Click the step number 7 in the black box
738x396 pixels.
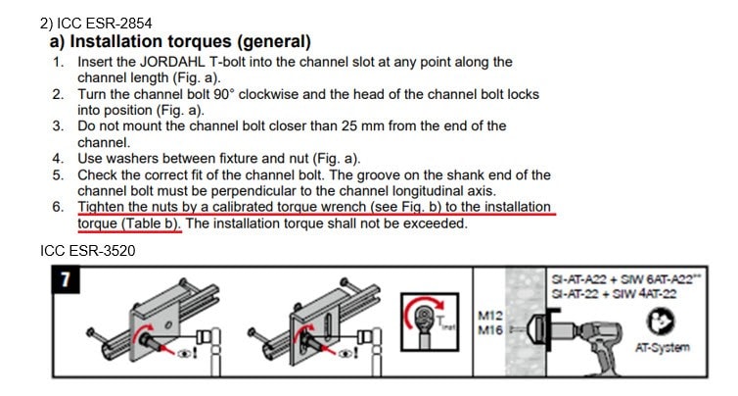(66, 279)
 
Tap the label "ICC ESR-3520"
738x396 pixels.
(87, 250)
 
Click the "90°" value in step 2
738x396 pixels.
(223, 94)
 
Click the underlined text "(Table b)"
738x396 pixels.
(152, 223)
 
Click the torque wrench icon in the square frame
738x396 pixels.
(430, 322)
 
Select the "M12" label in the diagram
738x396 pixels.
(490, 316)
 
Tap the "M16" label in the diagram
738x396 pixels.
(490, 330)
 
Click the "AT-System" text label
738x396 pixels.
(663, 347)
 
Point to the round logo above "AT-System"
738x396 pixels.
(660, 322)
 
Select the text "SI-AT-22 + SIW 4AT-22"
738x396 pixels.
(615, 294)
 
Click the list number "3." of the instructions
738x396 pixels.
(58, 125)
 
